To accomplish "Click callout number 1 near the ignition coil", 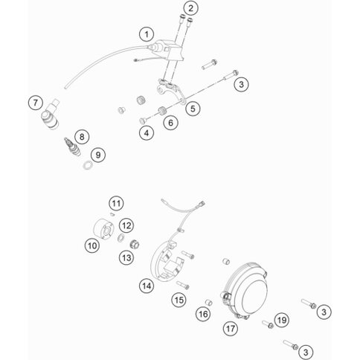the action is (147, 34).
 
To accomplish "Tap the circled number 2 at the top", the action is (190, 8).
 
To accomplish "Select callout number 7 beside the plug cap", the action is (36, 103).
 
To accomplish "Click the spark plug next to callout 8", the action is (73, 147).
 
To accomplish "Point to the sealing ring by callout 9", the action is (87, 165).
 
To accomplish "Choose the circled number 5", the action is (193, 109).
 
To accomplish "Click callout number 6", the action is (170, 123).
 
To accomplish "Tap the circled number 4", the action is (147, 133).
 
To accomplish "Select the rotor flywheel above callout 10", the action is (103, 229).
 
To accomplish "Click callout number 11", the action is (116, 204).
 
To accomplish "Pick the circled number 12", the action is (126, 226).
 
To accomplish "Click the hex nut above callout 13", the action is (135, 245).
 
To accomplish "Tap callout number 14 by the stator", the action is (147, 286).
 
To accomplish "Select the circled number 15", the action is (179, 300).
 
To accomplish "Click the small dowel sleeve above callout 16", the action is (209, 303).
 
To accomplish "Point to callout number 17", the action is (231, 329).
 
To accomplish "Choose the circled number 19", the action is (282, 320).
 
